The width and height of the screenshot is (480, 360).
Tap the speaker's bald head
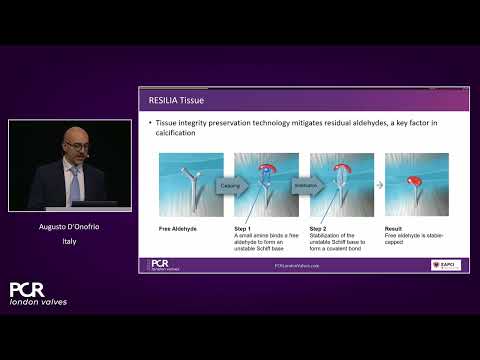pyautogui.click(x=71, y=135)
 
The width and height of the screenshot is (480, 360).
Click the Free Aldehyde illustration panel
pyautogui.click(x=190, y=186)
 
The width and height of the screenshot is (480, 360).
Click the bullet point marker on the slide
pyautogui.click(x=150, y=122)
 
